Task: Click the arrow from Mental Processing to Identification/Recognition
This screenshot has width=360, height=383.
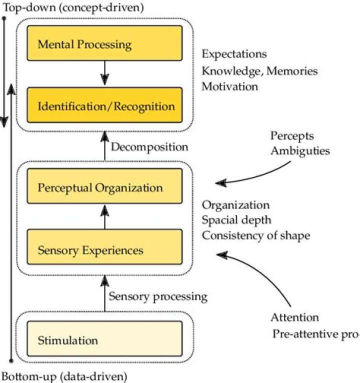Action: (104, 75)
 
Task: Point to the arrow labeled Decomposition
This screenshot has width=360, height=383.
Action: (104, 145)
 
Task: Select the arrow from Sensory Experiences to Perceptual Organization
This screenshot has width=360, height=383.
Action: (104, 218)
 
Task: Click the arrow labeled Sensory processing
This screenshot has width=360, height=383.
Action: (104, 295)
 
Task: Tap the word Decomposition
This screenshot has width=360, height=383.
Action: (149, 147)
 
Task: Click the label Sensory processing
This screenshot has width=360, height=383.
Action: (158, 296)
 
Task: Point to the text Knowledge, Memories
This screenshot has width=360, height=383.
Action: (259, 70)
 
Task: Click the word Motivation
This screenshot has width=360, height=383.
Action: (230, 86)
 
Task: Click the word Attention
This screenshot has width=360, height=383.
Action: (294, 317)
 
